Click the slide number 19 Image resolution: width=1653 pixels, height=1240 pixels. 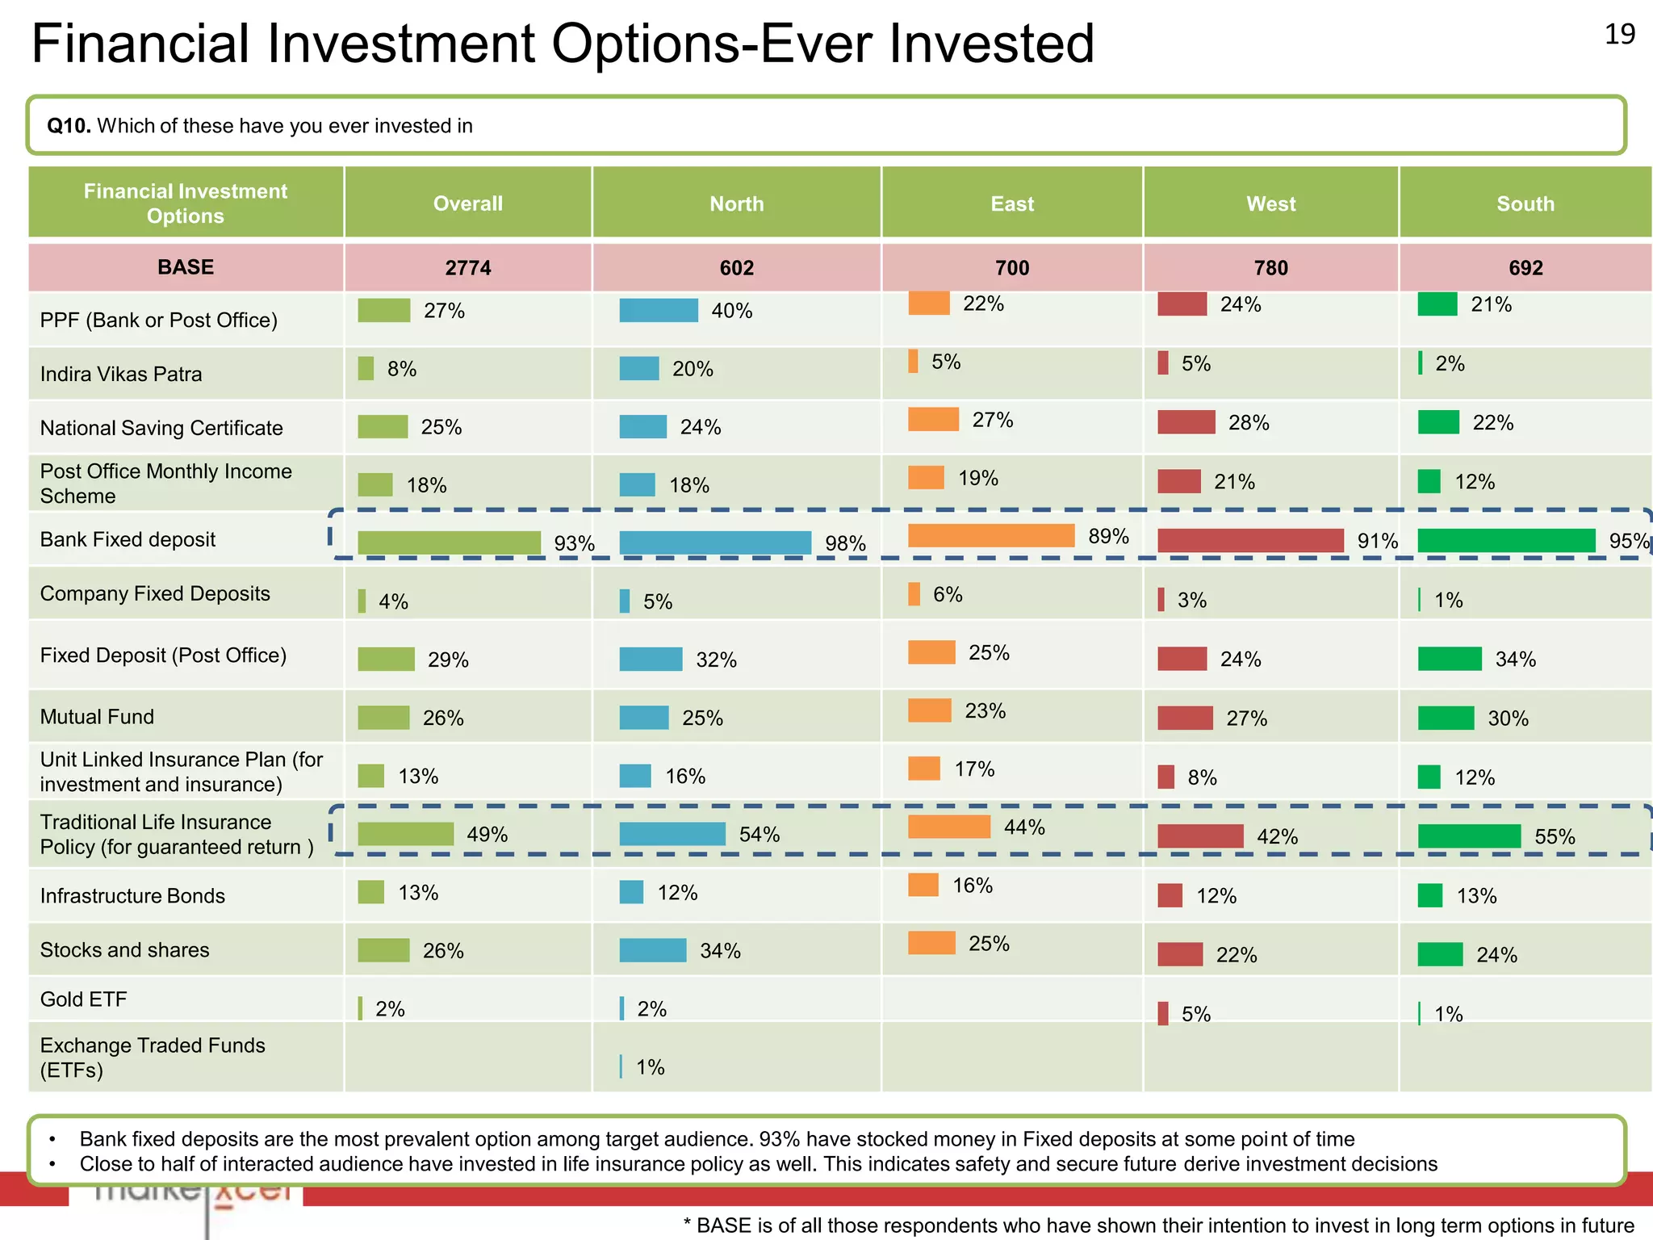tap(1619, 34)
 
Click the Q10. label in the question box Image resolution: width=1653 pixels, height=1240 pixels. tap(69, 126)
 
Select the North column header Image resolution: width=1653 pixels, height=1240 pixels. tap(736, 203)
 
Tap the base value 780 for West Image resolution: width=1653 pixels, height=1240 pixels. tap(1270, 268)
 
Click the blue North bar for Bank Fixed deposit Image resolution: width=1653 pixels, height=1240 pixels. tap(715, 542)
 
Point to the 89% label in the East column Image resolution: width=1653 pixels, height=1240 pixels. tap(1108, 536)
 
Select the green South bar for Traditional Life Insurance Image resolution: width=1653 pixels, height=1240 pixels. tap(1469, 836)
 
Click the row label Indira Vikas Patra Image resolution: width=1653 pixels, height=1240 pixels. tap(121, 374)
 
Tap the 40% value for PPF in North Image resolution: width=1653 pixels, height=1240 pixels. tap(731, 311)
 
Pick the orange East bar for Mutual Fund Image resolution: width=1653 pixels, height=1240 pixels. tap(930, 710)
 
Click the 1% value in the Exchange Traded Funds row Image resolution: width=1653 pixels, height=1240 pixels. tap(650, 1067)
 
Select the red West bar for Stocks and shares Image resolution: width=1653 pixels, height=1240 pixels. tap(1180, 954)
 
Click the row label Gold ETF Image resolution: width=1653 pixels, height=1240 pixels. tap(84, 999)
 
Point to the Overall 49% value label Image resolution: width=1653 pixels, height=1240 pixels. tap(487, 834)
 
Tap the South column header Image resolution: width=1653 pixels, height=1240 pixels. tap(1525, 203)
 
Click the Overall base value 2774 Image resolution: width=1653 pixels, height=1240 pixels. tap(467, 268)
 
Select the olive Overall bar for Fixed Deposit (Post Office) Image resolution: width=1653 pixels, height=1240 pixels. tap(386, 659)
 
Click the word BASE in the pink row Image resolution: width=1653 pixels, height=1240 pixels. tap(186, 267)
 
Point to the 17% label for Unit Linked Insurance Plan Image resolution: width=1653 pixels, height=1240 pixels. tap(974, 769)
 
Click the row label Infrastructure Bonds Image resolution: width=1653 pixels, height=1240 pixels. tap(132, 896)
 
